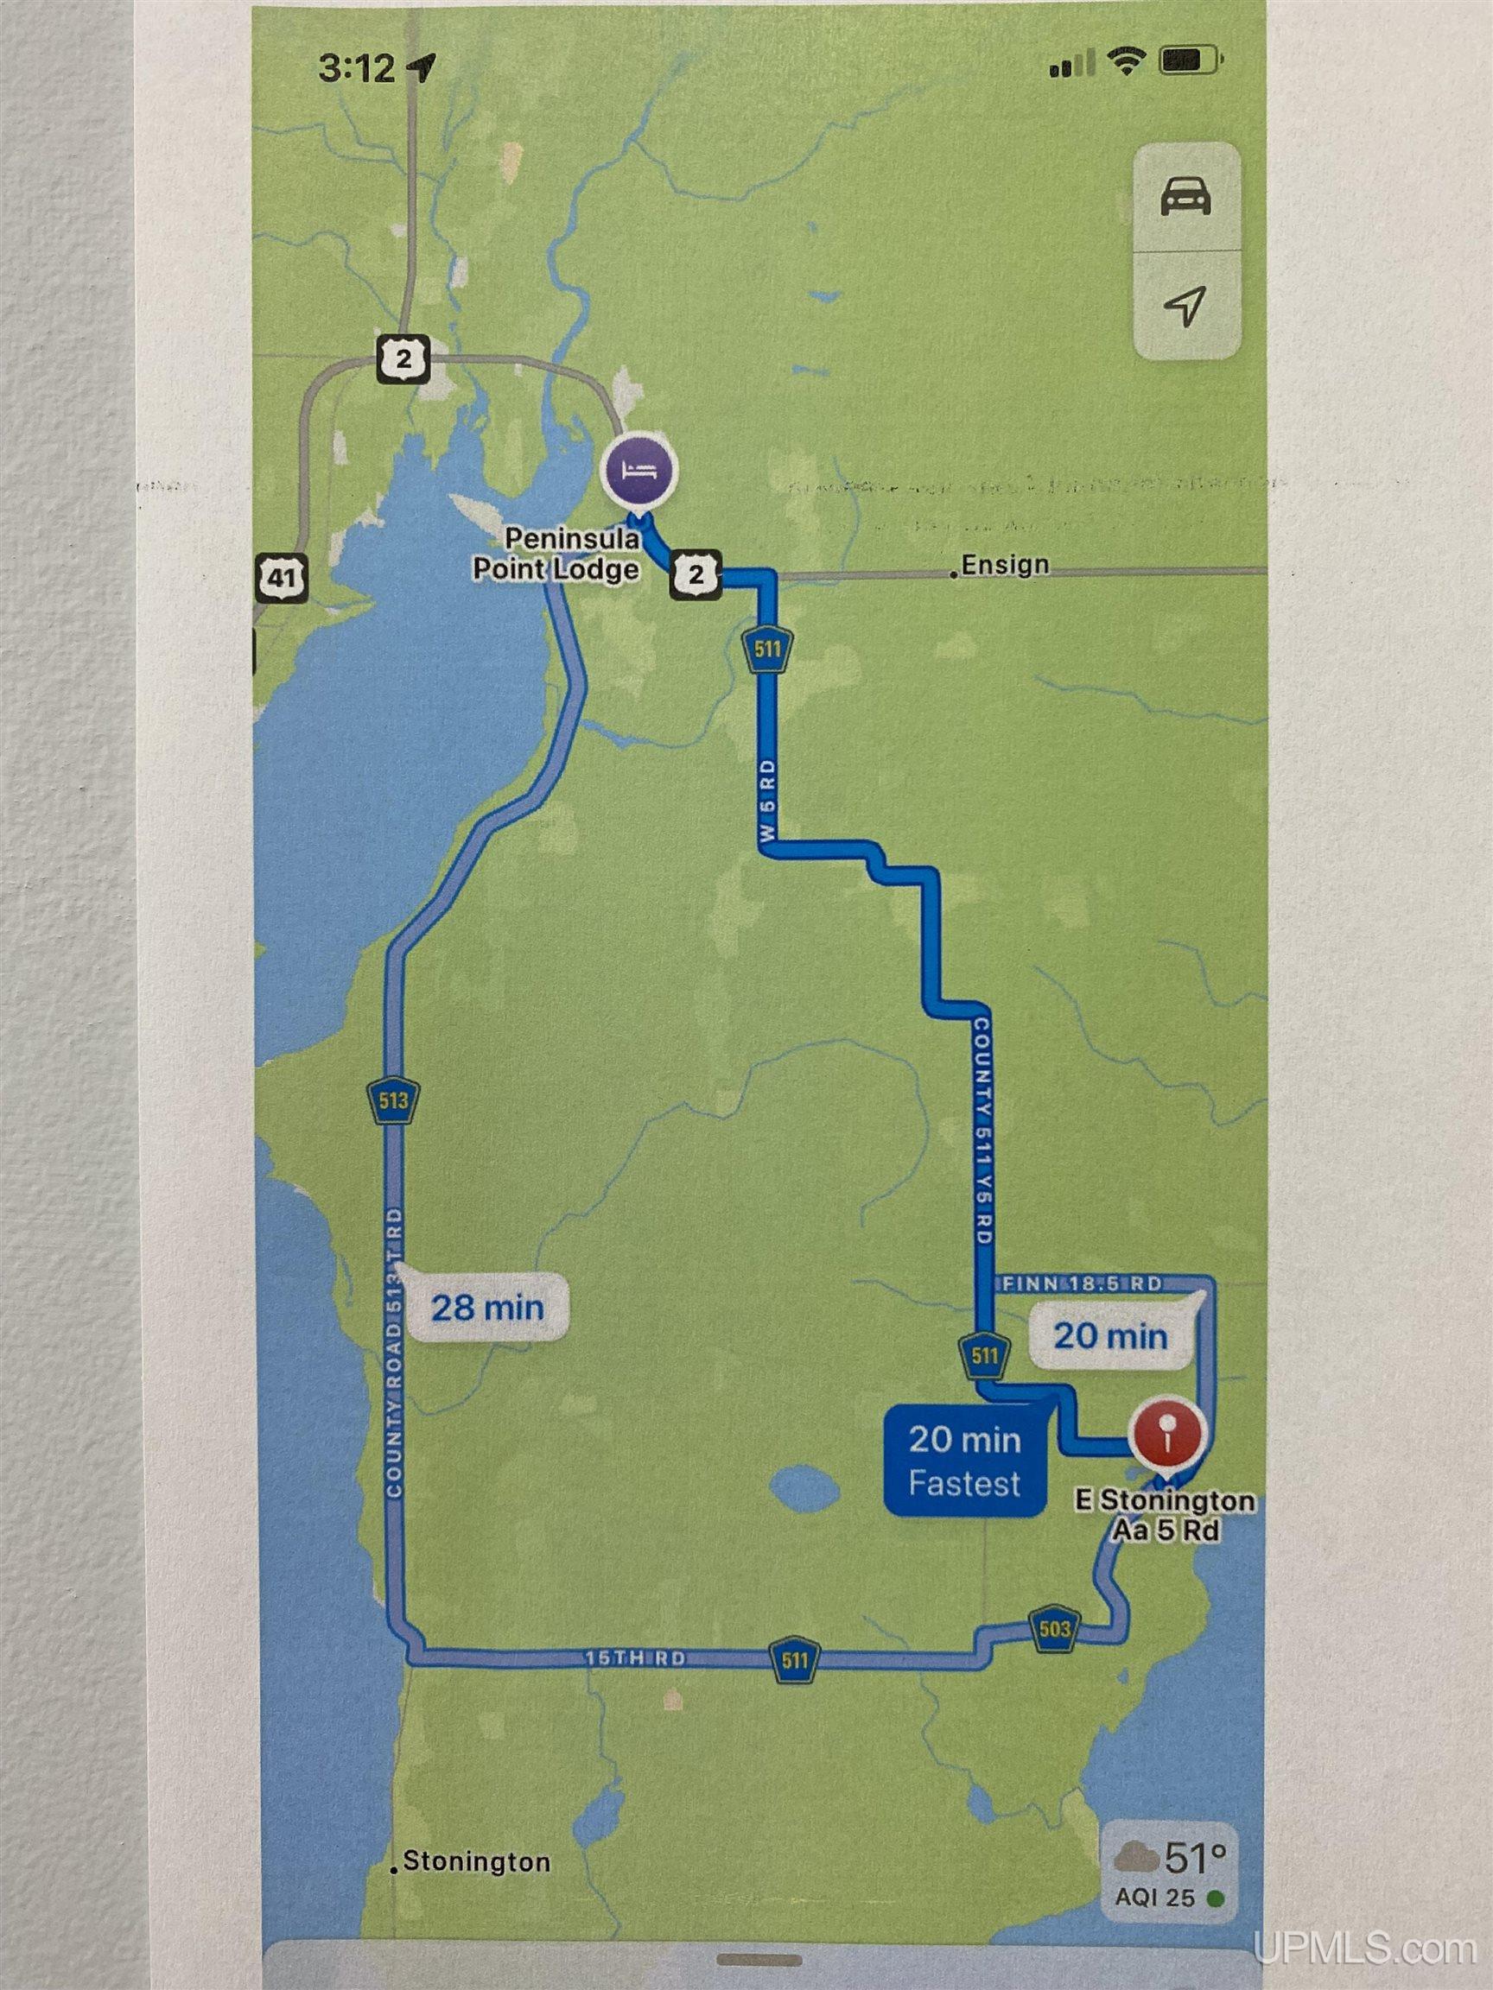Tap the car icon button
[1185, 197]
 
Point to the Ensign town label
[1004, 565]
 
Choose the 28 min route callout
[488, 1306]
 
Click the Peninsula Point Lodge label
[570, 555]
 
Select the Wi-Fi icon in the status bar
[1124, 61]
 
